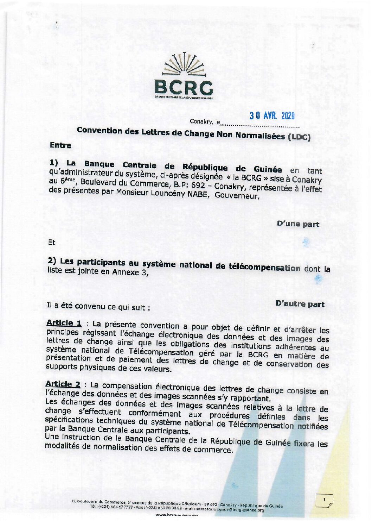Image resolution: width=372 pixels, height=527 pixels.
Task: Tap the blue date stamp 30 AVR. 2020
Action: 272,116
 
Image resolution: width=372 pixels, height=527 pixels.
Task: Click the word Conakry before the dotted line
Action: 199,121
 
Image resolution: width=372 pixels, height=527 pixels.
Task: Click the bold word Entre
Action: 60,145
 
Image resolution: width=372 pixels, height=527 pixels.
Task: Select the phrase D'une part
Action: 298,224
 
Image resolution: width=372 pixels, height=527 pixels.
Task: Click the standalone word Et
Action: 52,242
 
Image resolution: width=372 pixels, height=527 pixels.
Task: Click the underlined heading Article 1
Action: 64,323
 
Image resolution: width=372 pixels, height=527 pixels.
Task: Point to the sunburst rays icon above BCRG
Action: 183,64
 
